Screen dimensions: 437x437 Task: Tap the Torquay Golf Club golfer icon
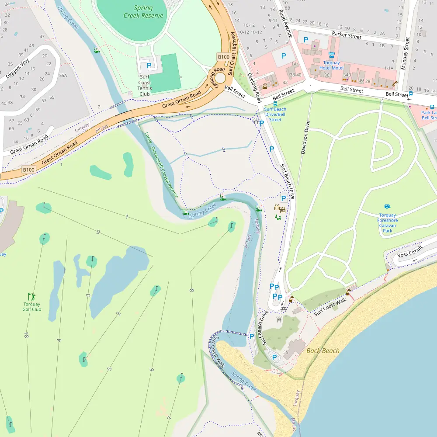pos(31,296)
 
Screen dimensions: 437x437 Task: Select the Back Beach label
pos(323,350)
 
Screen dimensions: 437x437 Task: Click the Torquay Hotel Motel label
pos(331,65)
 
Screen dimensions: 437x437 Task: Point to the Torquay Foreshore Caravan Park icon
pos(387,207)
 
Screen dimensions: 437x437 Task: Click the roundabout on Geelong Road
pos(220,78)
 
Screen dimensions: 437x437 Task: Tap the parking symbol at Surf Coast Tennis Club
pos(149,66)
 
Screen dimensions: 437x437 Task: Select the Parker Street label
pos(347,35)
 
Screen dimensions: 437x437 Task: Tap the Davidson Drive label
pos(305,137)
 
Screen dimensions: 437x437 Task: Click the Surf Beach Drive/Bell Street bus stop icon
pos(275,104)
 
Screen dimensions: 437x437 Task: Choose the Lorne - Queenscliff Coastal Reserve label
pos(162,165)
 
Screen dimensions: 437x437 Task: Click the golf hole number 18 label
pos(27,335)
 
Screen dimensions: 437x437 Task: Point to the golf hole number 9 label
pos(98,232)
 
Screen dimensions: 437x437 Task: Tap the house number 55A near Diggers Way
pos(63,76)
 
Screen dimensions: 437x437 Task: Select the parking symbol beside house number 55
pos(275,357)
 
